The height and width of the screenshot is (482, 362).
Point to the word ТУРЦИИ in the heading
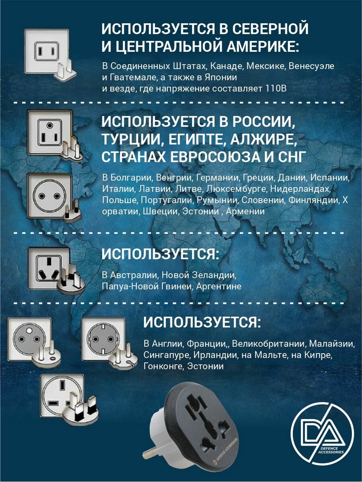[x=132, y=139]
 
